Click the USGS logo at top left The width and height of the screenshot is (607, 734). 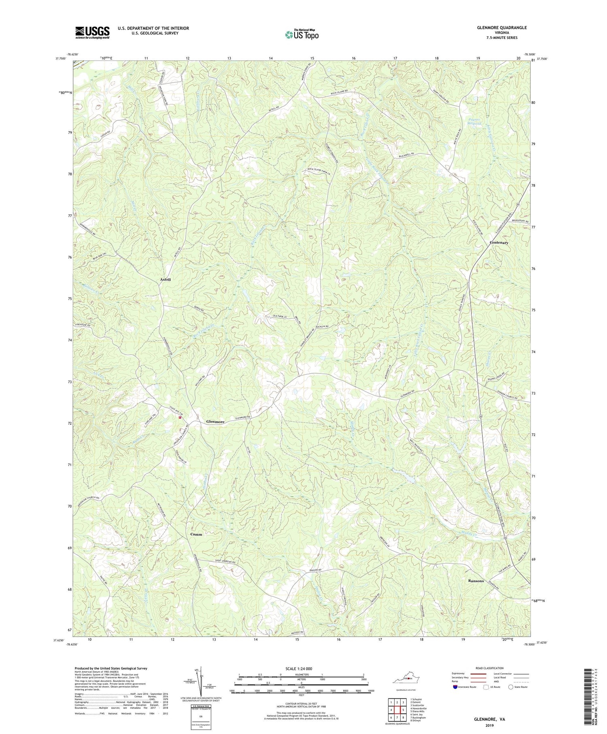click(92, 32)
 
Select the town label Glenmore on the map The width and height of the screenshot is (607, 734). click(215, 422)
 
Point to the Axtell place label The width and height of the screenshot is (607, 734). click(165, 280)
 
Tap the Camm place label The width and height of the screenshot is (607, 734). click(196, 534)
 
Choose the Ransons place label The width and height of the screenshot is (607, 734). click(475, 581)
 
